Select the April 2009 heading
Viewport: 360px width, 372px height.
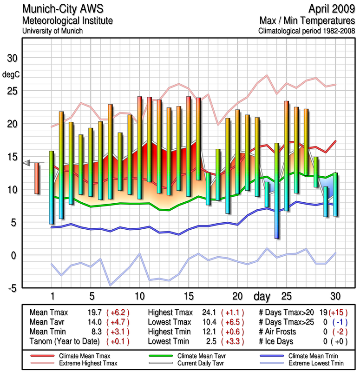tap(328, 9)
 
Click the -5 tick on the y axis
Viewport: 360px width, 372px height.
tap(13, 288)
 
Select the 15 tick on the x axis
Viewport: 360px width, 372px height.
tap(189, 296)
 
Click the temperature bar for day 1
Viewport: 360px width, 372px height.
tap(52, 187)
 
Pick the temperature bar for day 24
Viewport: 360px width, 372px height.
tap(277, 191)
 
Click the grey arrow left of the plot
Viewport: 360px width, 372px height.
tap(27, 162)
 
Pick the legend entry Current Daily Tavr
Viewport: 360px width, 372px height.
tap(192, 362)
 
